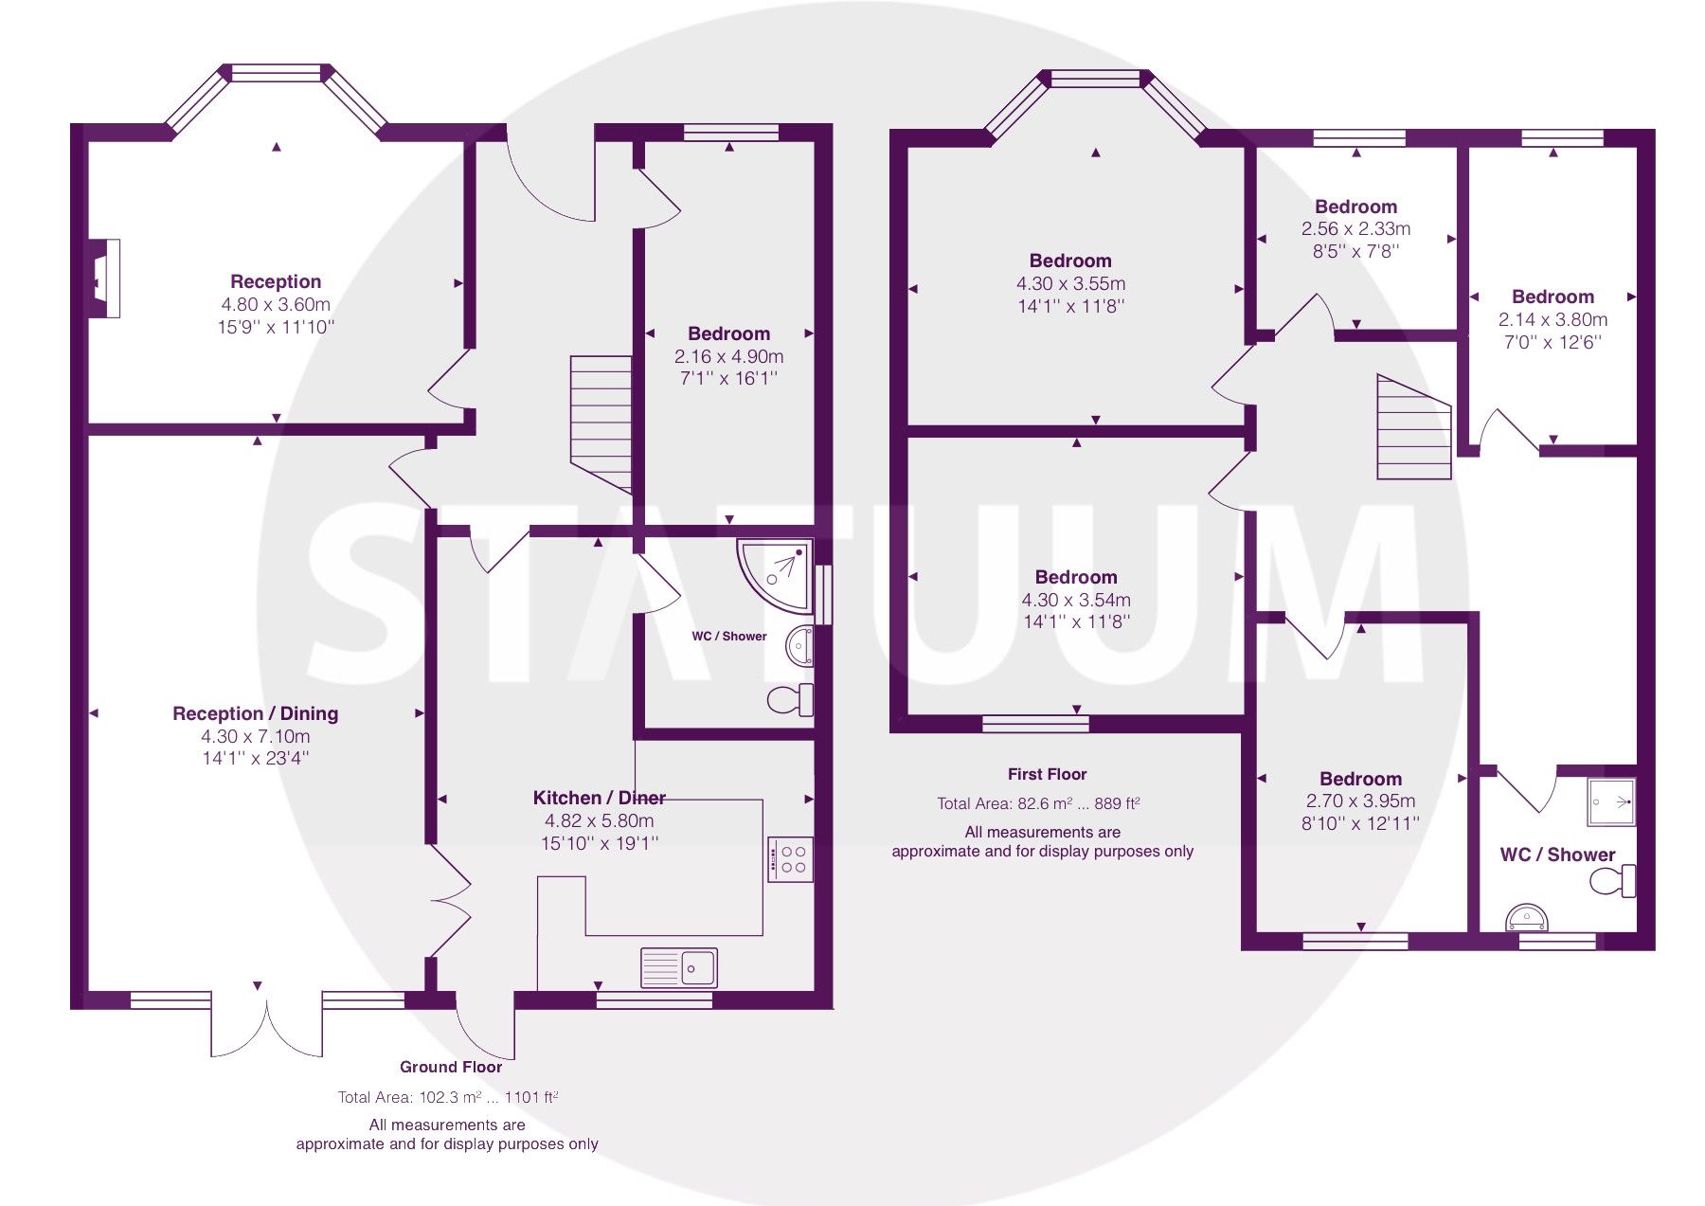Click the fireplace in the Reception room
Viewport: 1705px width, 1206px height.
pyautogui.click(x=103, y=279)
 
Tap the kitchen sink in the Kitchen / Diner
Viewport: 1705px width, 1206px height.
pyautogui.click(x=678, y=967)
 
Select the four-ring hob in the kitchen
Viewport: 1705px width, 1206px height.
pyautogui.click(x=789, y=859)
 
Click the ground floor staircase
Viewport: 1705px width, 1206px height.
pyautogui.click(x=601, y=421)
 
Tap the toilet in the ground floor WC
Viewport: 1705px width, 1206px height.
pyautogui.click(x=789, y=700)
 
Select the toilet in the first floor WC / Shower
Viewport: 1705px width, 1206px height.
pyautogui.click(x=1612, y=881)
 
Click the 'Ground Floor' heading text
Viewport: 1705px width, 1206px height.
pyautogui.click(x=451, y=1067)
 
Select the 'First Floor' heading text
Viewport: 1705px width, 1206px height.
pyautogui.click(x=1047, y=774)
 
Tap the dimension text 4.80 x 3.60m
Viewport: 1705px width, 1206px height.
pyautogui.click(x=276, y=304)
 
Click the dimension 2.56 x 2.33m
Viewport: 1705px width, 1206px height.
pyautogui.click(x=1355, y=228)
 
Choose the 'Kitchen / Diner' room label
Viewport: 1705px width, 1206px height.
pyautogui.click(x=599, y=798)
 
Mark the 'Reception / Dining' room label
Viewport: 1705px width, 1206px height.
pyautogui.click(x=255, y=713)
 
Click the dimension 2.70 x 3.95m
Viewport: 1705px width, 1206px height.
pyautogui.click(x=1360, y=801)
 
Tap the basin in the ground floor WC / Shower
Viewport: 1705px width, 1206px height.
pyautogui.click(x=799, y=647)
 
